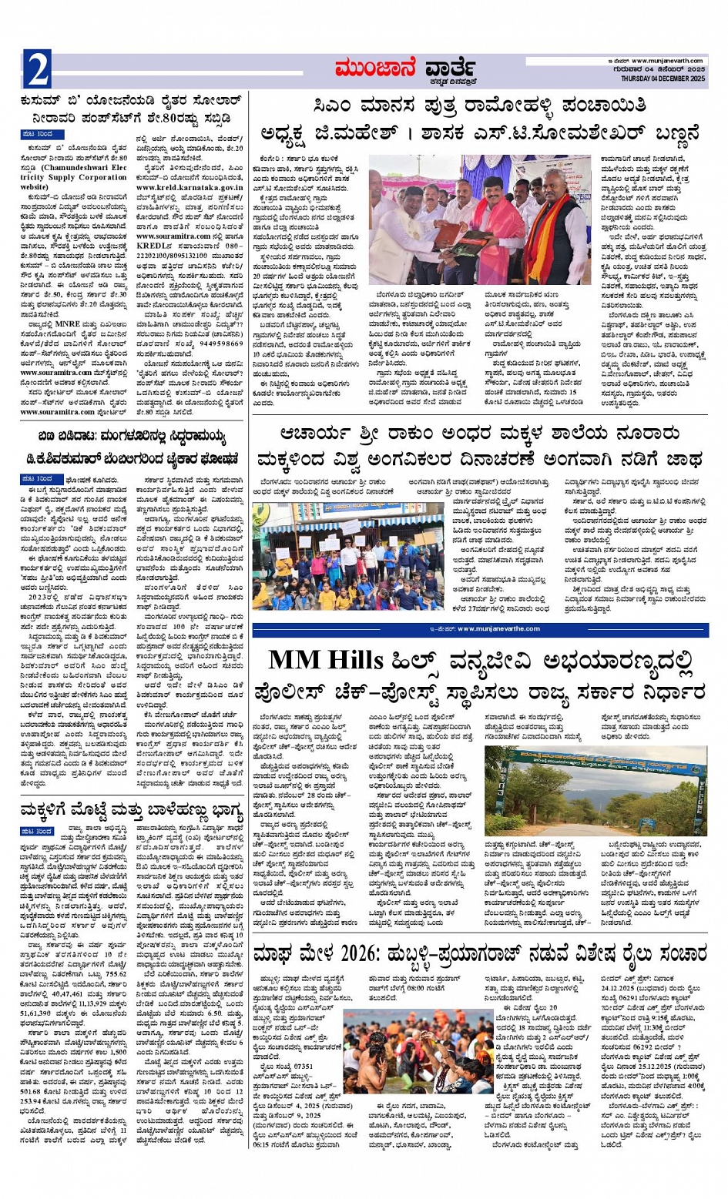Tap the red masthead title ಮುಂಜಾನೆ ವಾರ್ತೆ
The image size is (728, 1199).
pyautogui.click(x=405, y=69)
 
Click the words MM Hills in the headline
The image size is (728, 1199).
pyautogui.click(x=325, y=660)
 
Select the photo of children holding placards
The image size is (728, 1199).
pyautogui.click(x=325, y=556)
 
